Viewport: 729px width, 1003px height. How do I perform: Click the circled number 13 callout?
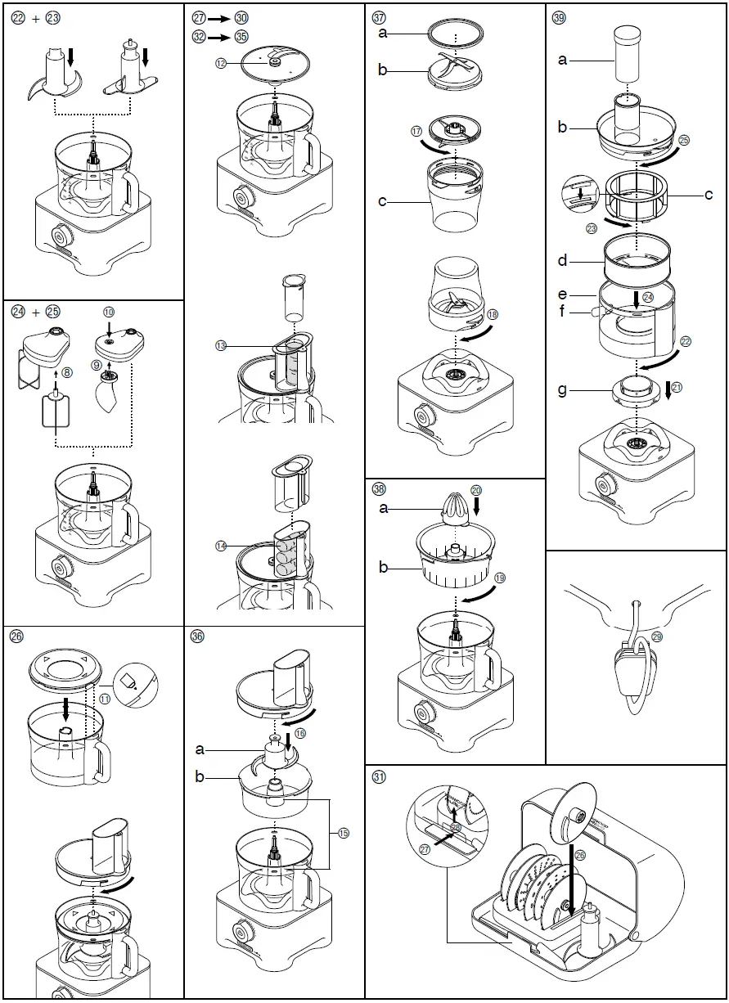pyautogui.click(x=221, y=346)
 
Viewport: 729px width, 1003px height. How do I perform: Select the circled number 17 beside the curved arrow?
pyautogui.click(x=416, y=131)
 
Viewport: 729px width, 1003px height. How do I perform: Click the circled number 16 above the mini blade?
pyautogui.click(x=299, y=734)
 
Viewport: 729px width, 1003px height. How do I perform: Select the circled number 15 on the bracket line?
pyautogui.click(x=342, y=832)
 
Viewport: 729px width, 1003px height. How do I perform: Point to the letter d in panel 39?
pyautogui.click(x=562, y=261)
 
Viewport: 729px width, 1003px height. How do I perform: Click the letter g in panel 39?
pyautogui.click(x=562, y=390)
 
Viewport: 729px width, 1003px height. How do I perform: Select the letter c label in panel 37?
pyautogui.click(x=382, y=201)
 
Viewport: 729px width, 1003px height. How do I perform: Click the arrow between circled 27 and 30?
pyautogui.click(x=218, y=17)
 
